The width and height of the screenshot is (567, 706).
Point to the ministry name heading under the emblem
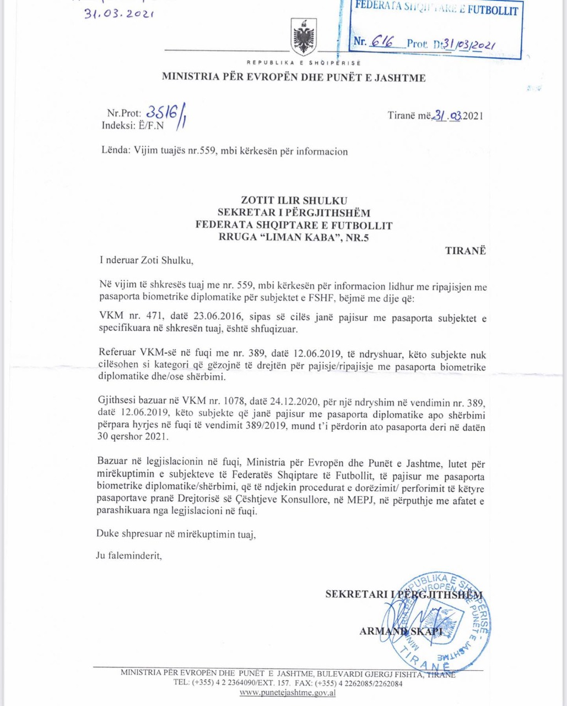click(293, 78)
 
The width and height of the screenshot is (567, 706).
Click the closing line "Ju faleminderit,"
click(129, 556)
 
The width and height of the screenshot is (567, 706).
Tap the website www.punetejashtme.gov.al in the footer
click(288, 692)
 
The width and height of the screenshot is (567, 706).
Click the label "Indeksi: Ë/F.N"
click(133, 125)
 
